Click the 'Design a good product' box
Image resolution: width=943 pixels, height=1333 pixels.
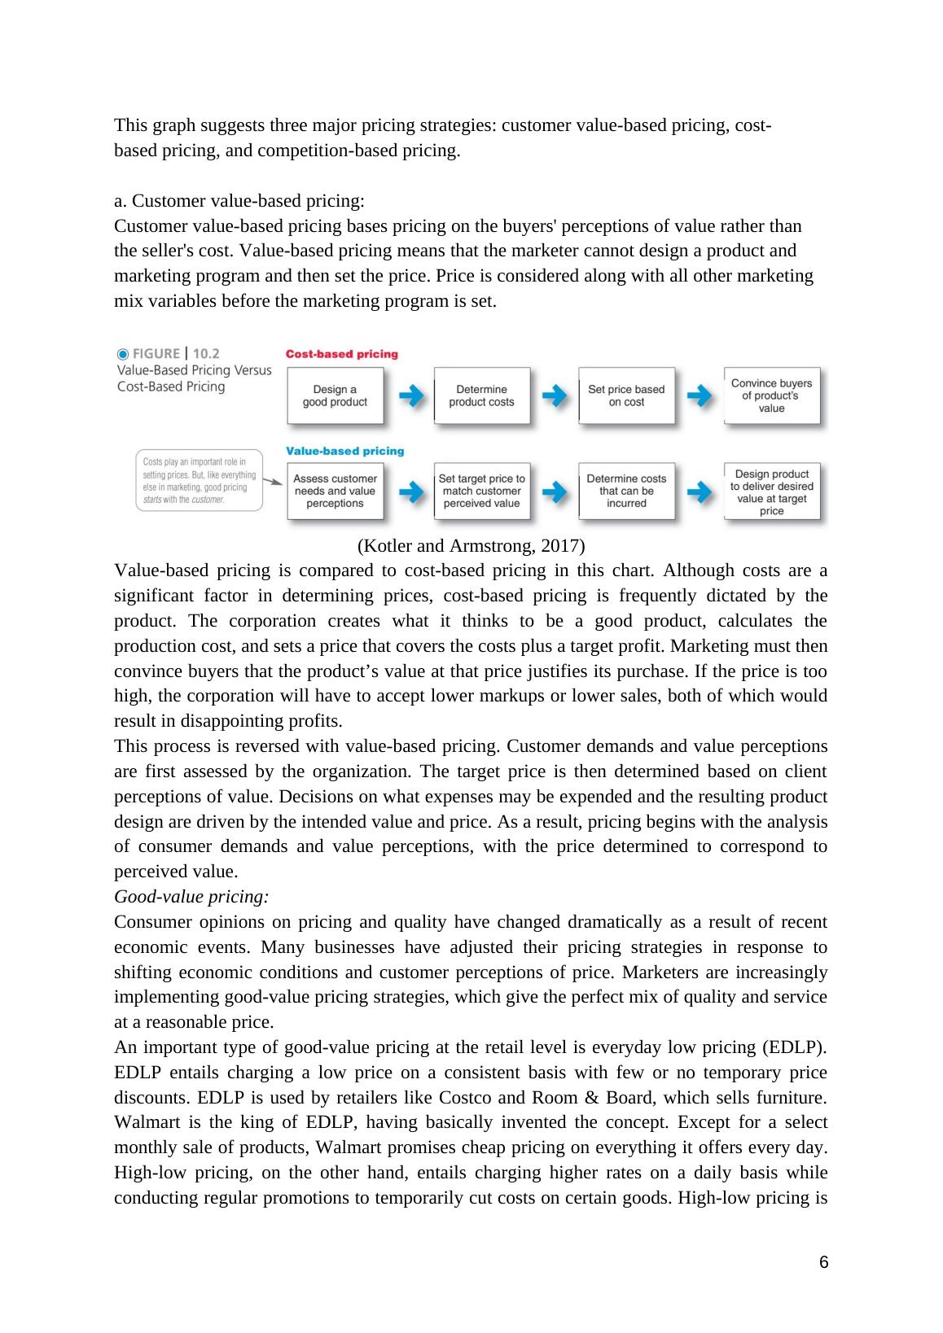(335, 396)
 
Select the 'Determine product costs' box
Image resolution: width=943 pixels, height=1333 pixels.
(481, 396)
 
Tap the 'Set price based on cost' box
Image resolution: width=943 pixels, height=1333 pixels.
(626, 396)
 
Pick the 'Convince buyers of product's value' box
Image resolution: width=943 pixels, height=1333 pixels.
(771, 396)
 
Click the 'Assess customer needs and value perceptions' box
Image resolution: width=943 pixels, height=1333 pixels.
(335, 491)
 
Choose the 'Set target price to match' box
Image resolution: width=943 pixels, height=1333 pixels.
(481, 491)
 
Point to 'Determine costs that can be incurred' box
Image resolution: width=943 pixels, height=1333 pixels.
(626, 491)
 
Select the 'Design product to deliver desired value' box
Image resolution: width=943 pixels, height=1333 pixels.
(771, 492)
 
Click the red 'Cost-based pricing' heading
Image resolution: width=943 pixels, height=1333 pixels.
(342, 354)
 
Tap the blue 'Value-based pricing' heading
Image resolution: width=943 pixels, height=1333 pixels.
(344, 451)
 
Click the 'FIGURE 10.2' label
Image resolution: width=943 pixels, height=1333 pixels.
(169, 353)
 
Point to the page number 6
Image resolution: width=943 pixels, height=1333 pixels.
(823, 1262)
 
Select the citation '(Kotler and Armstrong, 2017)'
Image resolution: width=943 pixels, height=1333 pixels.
(471, 544)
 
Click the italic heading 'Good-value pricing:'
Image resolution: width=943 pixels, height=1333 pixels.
(191, 897)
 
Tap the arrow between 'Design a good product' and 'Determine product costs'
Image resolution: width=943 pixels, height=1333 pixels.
(410, 396)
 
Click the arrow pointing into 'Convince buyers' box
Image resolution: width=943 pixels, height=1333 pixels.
(700, 396)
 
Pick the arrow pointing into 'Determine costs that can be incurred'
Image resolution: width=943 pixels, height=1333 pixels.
(554, 492)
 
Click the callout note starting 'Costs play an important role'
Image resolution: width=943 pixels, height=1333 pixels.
(199, 480)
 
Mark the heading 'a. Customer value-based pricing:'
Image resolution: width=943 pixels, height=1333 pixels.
(239, 201)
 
